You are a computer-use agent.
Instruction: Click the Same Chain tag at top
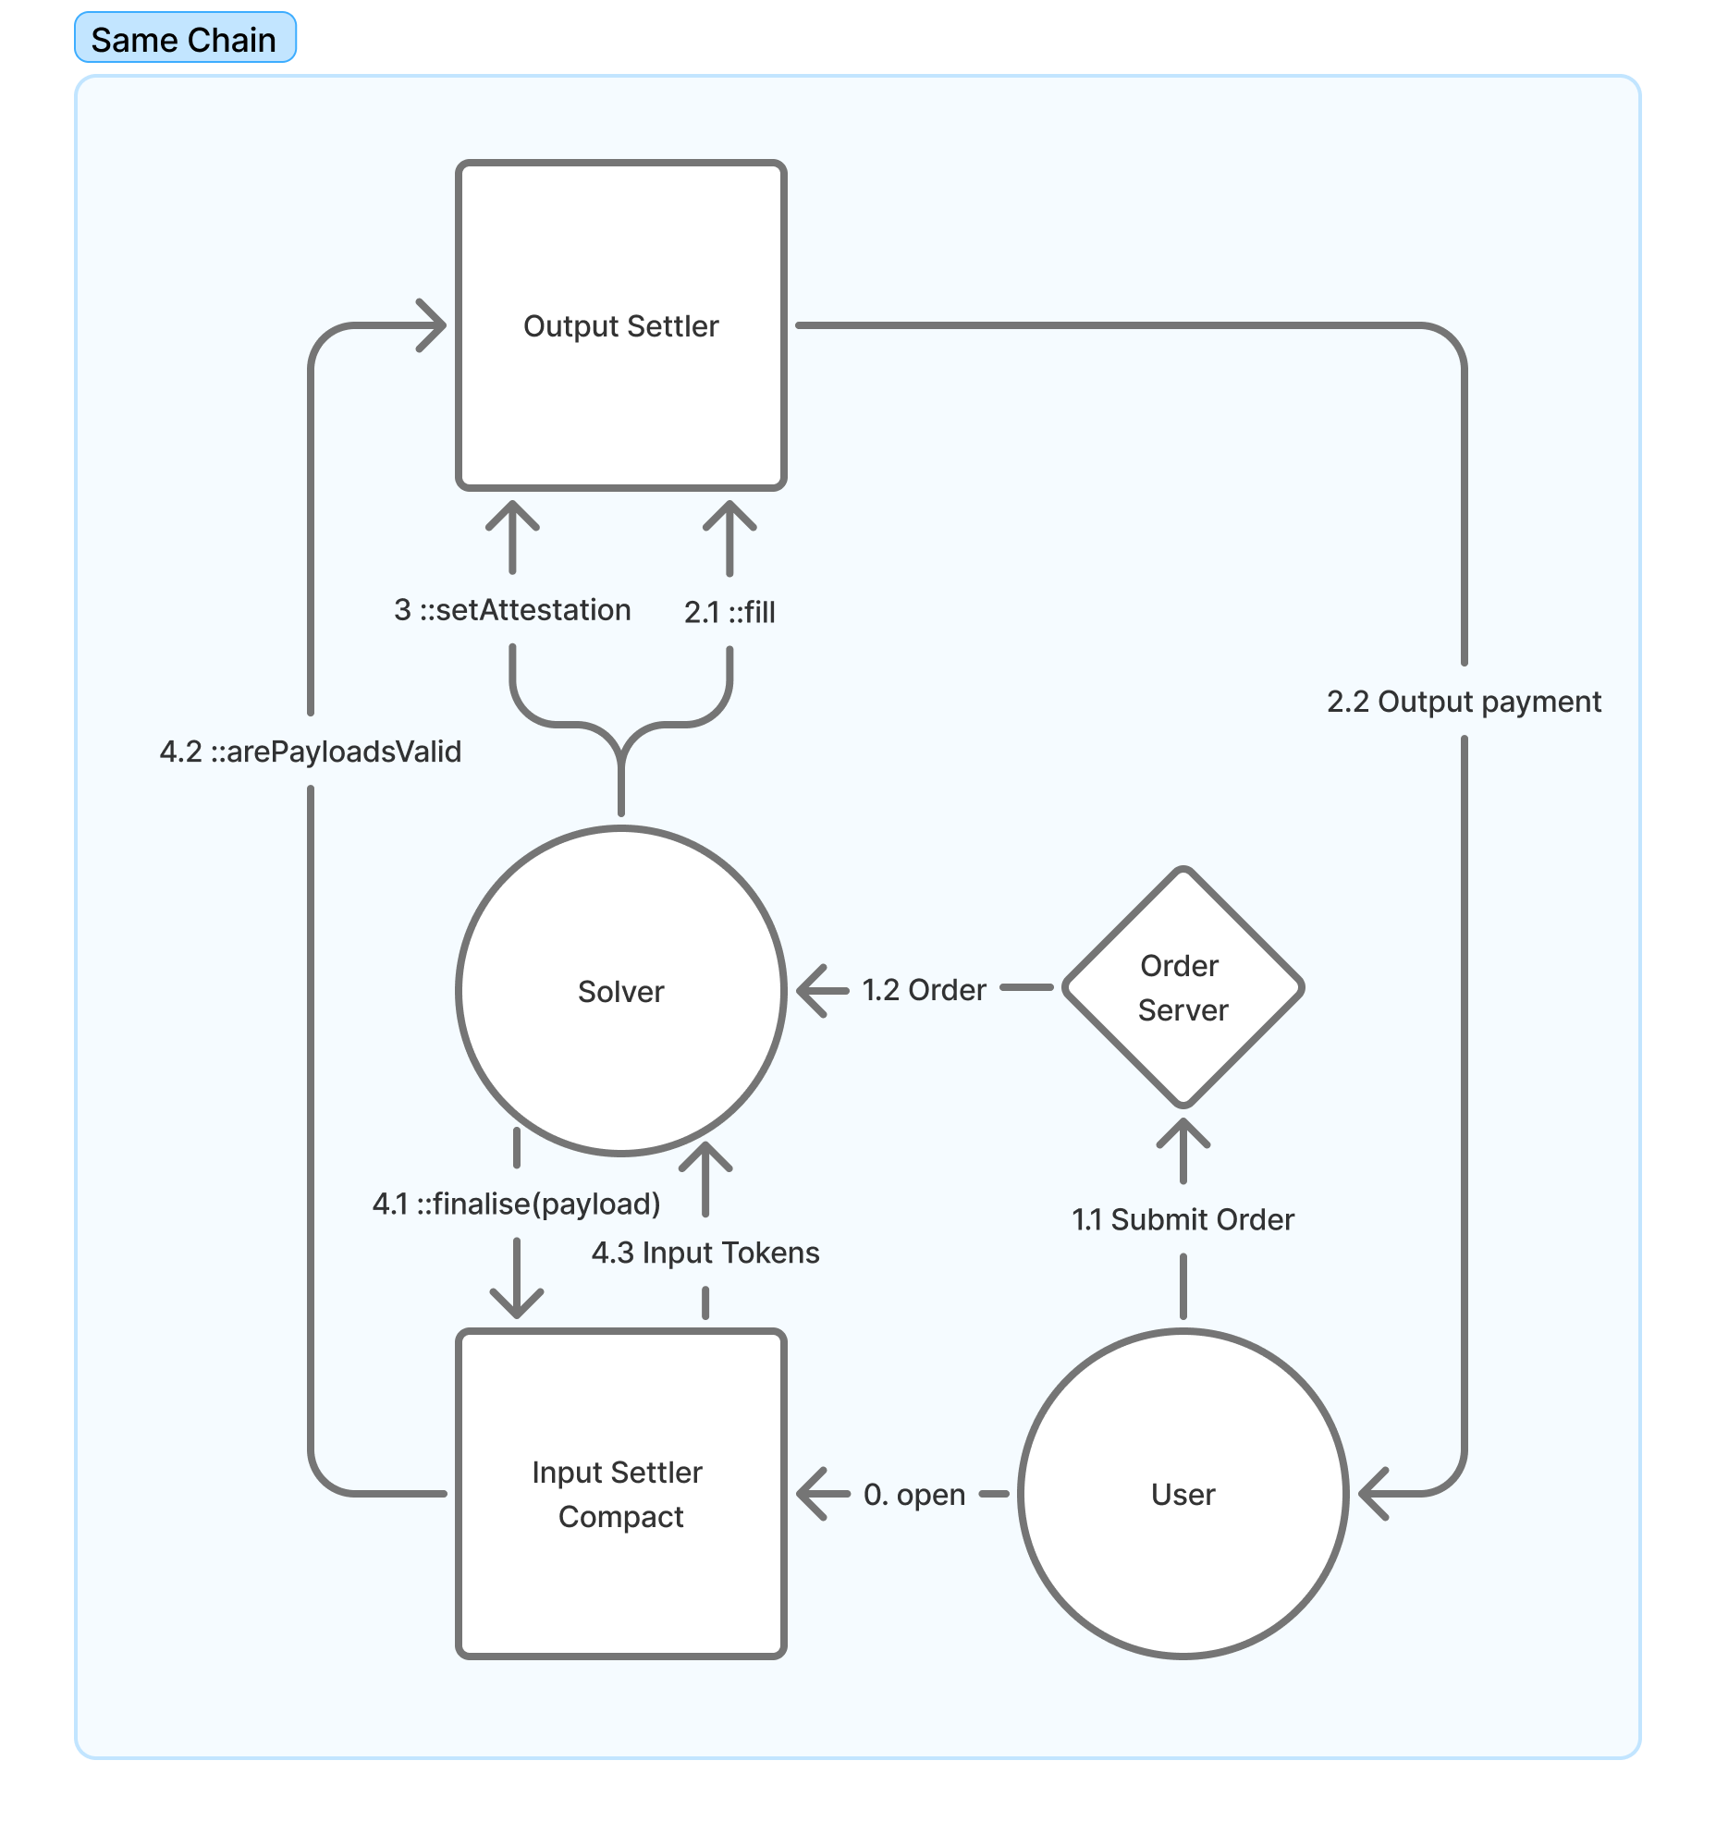185,39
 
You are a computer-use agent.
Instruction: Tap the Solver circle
620,991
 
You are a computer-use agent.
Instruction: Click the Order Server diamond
1183,987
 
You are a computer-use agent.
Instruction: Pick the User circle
1183,1494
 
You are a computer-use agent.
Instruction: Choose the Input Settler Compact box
620,1494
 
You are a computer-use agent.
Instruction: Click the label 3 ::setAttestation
512,610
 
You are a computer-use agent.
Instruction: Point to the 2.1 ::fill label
729,612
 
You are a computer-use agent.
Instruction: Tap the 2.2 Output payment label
1464,702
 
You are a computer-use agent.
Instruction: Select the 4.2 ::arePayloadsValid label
311,752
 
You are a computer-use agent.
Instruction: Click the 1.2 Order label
924,990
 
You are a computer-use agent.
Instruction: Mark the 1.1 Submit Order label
1183,1219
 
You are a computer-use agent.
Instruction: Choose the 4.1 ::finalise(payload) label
516,1204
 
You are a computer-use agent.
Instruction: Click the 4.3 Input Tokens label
705,1253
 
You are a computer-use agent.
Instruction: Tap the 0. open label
913,1495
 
